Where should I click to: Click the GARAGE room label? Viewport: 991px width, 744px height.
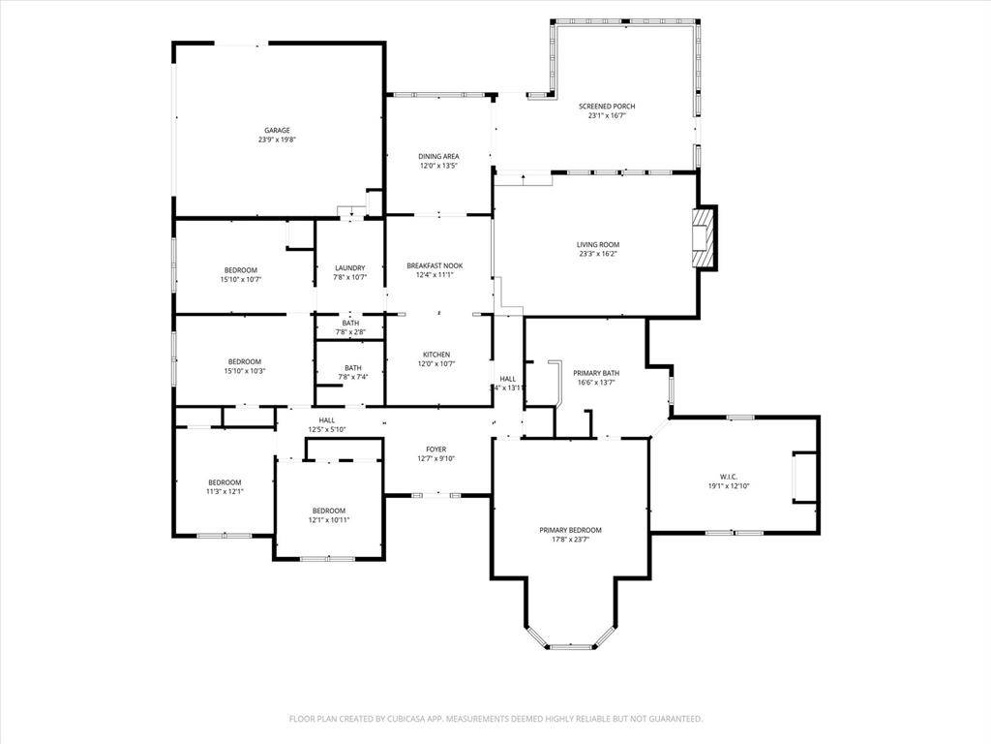click(x=277, y=130)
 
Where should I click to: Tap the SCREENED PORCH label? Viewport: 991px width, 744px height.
click(x=607, y=107)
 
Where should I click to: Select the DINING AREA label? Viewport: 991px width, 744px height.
click(x=438, y=156)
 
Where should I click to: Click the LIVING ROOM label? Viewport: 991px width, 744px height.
click(x=597, y=245)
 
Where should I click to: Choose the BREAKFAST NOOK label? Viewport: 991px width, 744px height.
click(x=435, y=265)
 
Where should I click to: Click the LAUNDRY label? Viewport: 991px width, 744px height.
click(x=349, y=268)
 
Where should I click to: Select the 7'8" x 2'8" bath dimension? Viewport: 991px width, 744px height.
click(x=349, y=332)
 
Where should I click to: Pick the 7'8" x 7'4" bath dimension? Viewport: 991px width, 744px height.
click(x=352, y=377)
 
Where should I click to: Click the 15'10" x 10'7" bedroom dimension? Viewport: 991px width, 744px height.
click(x=241, y=279)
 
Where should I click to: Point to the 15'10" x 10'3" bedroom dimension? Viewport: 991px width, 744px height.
click(x=244, y=371)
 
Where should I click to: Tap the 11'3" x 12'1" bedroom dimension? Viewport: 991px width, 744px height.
click(x=225, y=491)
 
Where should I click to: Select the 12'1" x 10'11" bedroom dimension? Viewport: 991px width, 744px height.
click(x=328, y=520)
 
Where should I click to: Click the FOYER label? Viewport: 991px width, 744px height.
click(x=436, y=449)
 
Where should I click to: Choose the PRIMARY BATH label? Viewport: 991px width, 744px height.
click(x=596, y=373)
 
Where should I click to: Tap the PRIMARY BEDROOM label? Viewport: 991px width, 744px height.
click(x=570, y=530)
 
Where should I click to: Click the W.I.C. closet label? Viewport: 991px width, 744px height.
click(x=729, y=477)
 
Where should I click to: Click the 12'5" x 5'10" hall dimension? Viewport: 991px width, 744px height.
click(x=327, y=429)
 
